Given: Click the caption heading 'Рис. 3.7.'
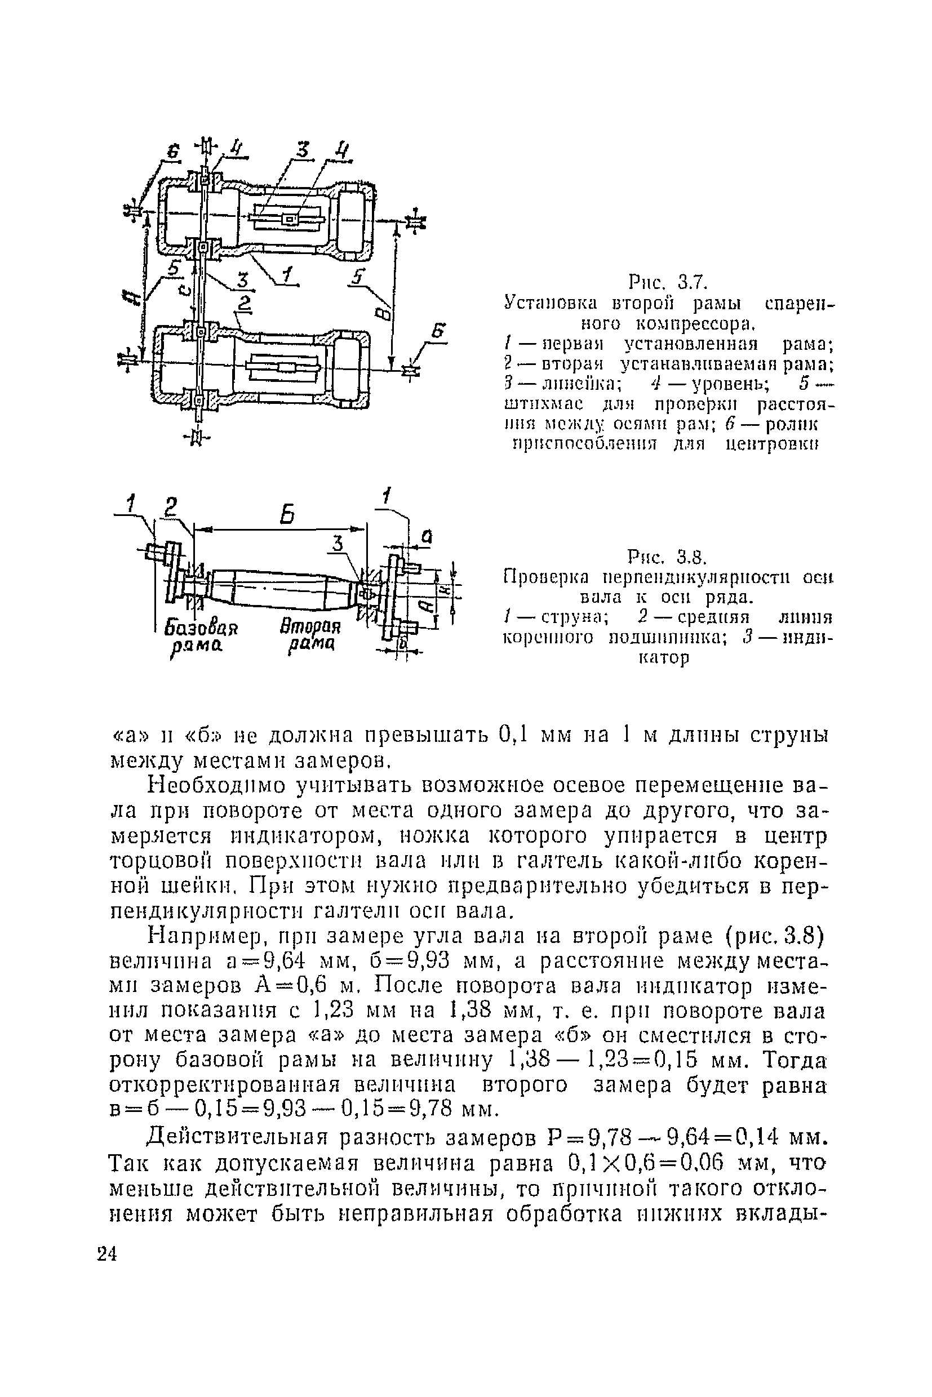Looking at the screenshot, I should click(x=668, y=281).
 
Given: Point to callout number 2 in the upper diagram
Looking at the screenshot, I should click(x=243, y=304).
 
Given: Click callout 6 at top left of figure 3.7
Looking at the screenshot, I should click(x=172, y=152).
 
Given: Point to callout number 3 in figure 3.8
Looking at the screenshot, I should click(x=338, y=543).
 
